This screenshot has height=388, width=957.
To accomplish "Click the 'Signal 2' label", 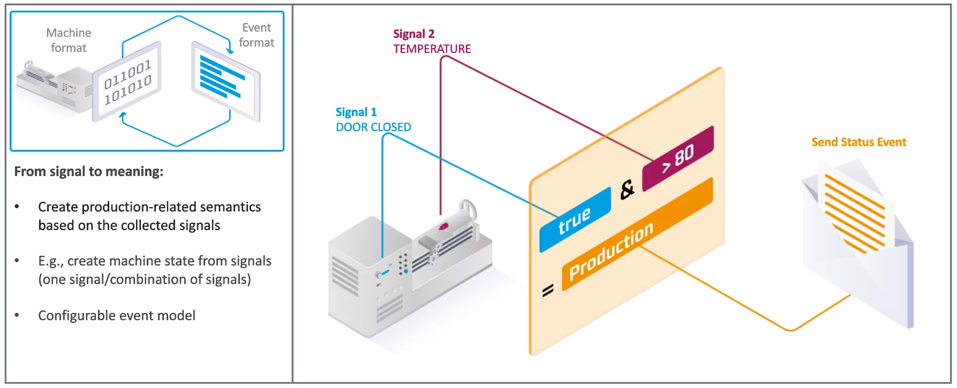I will click(x=413, y=34).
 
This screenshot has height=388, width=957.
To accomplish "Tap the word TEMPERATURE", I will click(x=432, y=49).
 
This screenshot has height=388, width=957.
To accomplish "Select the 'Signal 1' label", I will click(x=356, y=112).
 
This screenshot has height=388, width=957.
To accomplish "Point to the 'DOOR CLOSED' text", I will click(x=373, y=127).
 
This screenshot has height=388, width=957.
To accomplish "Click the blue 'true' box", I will click(x=575, y=220).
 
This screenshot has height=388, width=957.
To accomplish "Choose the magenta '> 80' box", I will click(x=678, y=158).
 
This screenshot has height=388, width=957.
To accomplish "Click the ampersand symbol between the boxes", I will click(x=627, y=189).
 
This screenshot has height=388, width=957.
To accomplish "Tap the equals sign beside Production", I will click(x=547, y=291).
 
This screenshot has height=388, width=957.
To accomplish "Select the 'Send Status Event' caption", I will click(x=858, y=142).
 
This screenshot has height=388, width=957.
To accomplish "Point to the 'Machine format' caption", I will click(x=69, y=41).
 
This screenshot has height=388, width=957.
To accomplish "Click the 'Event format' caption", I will click(x=257, y=35).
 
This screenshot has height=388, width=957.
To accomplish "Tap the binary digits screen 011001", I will click(x=127, y=82).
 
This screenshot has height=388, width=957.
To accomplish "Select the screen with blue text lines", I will click(x=225, y=80).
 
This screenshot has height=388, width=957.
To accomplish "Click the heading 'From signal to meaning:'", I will click(x=88, y=172).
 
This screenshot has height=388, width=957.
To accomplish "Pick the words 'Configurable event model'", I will click(x=117, y=316).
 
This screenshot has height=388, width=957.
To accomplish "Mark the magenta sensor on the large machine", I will click(x=443, y=227).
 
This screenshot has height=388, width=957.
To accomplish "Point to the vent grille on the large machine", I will click(x=345, y=276).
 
